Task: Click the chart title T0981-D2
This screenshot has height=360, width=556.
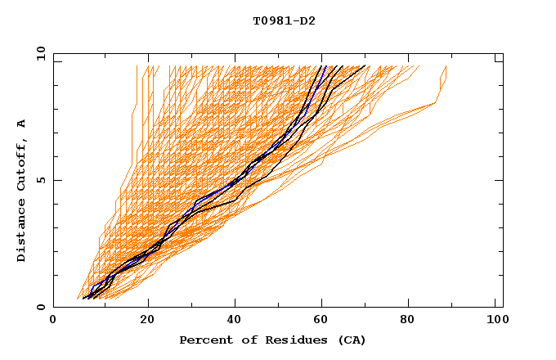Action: pos(284,20)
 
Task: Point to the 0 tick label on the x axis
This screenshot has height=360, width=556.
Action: pos(53,321)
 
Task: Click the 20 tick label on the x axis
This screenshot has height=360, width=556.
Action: pos(148,321)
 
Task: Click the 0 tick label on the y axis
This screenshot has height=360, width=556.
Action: pos(40,308)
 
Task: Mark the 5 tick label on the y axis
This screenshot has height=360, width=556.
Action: pos(40,180)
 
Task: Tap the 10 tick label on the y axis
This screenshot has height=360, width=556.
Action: pos(38,53)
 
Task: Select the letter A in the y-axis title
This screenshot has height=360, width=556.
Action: pos(21,123)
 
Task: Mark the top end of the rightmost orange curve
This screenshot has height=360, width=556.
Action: pos(446,66)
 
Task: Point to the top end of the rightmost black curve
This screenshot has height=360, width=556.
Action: pos(365,66)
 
